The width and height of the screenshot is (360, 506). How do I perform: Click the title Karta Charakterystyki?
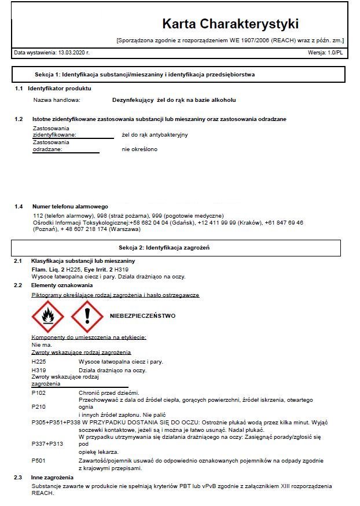click(x=230, y=24)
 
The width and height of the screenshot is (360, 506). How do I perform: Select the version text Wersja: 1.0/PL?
click(x=325, y=53)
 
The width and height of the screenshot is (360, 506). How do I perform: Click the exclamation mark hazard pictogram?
click(x=87, y=317)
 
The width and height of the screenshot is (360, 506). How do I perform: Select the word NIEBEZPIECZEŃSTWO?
click(x=142, y=316)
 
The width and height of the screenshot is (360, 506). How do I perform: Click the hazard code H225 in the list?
click(x=39, y=362)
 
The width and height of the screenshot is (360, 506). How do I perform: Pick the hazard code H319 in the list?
click(x=39, y=371)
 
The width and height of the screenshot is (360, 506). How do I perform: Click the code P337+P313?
click(x=47, y=443)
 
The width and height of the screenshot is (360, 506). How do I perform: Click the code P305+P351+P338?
click(x=56, y=423)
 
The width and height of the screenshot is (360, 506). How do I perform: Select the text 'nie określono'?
click(x=139, y=149)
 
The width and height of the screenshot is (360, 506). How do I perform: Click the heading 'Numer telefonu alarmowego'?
click(x=70, y=207)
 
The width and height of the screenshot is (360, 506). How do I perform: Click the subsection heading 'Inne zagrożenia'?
click(x=52, y=477)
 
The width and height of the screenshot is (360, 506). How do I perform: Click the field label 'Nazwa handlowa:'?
click(x=56, y=100)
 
